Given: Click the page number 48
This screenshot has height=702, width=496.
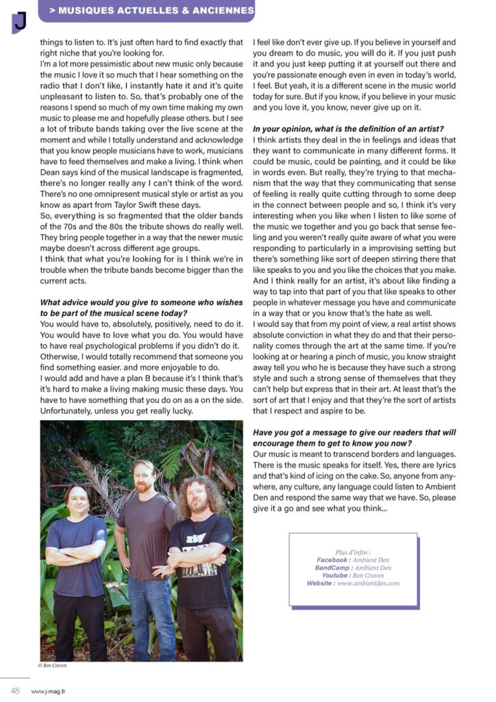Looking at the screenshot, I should (x=14, y=690).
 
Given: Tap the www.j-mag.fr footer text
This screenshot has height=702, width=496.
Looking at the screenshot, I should (x=49, y=691).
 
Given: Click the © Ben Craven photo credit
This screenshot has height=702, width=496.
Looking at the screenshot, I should (x=53, y=666).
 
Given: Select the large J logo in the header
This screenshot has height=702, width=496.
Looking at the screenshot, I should (x=19, y=21).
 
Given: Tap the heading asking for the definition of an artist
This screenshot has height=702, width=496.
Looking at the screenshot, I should (x=348, y=130).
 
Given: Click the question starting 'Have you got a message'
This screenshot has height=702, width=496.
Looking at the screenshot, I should (x=354, y=433).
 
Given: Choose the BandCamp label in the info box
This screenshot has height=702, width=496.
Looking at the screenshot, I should (x=334, y=568).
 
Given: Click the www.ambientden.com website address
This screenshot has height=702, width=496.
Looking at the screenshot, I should (x=368, y=583).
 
